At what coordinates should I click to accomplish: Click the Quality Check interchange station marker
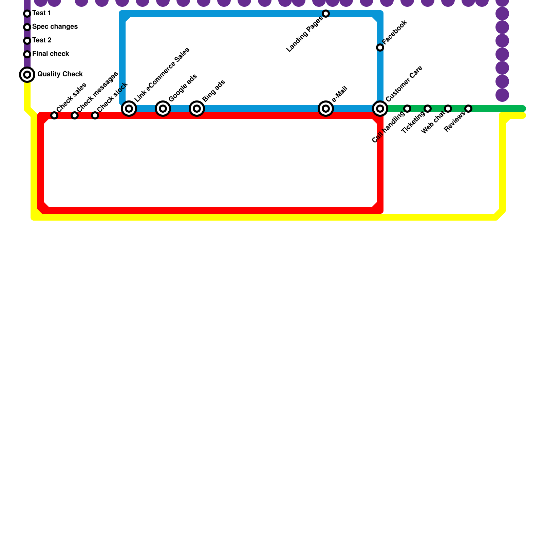(x=27, y=75)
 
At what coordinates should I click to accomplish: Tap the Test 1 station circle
(x=27, y=14)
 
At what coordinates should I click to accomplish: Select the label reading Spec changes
(x=55, y=27)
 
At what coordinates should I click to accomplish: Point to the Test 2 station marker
(x=27, y=41)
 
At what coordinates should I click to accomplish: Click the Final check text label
(x=51, y=54)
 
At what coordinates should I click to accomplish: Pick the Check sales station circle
(x=54, y=115)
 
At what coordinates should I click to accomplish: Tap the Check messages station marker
(x=75, y=115)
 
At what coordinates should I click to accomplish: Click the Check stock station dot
(x=95, y=115)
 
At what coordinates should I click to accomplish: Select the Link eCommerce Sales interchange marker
(x=129, y=109)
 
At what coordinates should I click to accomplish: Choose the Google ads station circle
(x=163, y=109)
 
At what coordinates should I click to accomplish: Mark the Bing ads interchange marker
(x=197, y=109)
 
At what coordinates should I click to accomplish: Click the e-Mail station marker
(x=326, y=109)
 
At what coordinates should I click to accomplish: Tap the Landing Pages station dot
(x=326, y=14)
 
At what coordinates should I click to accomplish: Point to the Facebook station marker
(x=380, y=48)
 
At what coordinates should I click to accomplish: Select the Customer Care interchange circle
(x=380, y=109)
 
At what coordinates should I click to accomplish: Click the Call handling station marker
(x=407, y=109)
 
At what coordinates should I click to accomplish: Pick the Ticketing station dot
(x=428, y=109)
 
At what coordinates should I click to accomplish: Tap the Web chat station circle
(x=448, y=109)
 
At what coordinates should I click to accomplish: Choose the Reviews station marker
(x=468, y=109)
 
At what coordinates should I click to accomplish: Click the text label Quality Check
(x=60, y=74)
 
